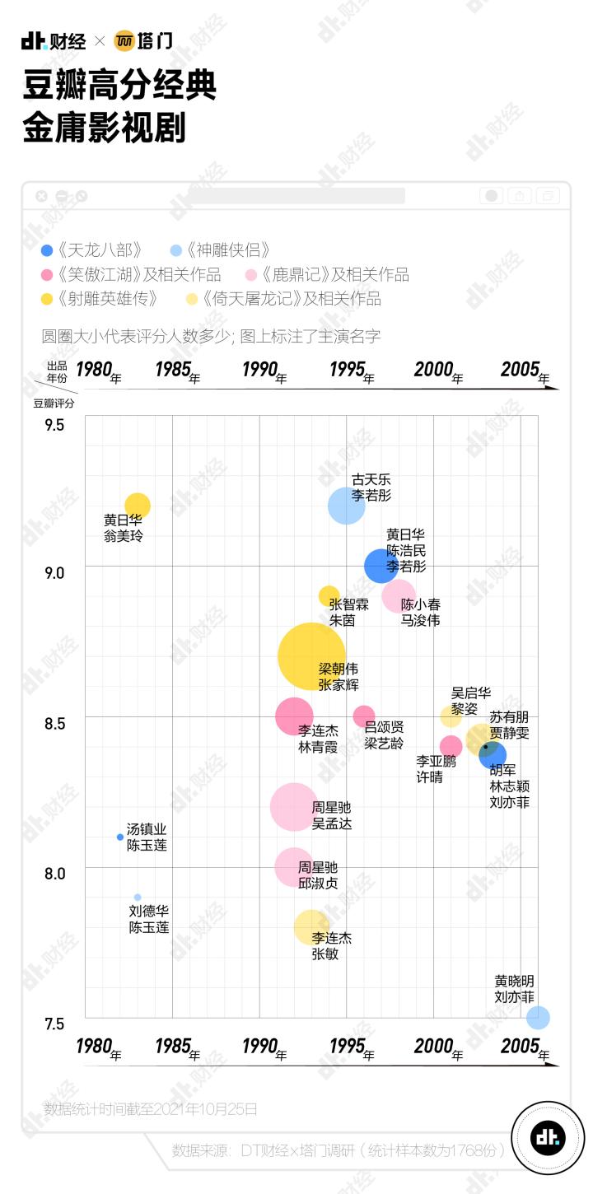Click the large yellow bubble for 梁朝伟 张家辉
(x=311, y=656)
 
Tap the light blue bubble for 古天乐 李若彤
(x=347, y=506)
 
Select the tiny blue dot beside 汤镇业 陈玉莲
(x=120, y=837)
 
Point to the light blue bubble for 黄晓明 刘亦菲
(x=538, y=1018)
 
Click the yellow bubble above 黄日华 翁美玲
(x=138, y=506)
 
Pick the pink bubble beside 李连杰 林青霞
(x=294, y=716)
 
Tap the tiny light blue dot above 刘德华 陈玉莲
(x=138, y=898)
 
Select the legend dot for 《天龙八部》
(x=48, y=250)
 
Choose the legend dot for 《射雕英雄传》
(x=48, y=298)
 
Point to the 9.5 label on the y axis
(x=54, y=426)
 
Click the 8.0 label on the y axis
(x=54, y=873)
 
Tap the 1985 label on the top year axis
(x=175, y=370)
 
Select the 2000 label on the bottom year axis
(x=435, y=1047)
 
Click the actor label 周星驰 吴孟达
(x=332, y=815)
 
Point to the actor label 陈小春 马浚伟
(x=421, y=612)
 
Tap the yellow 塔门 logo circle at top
(x=124, y=40)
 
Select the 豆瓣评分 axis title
(x=54, y=403)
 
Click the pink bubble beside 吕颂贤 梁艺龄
(x=364, y=716)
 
